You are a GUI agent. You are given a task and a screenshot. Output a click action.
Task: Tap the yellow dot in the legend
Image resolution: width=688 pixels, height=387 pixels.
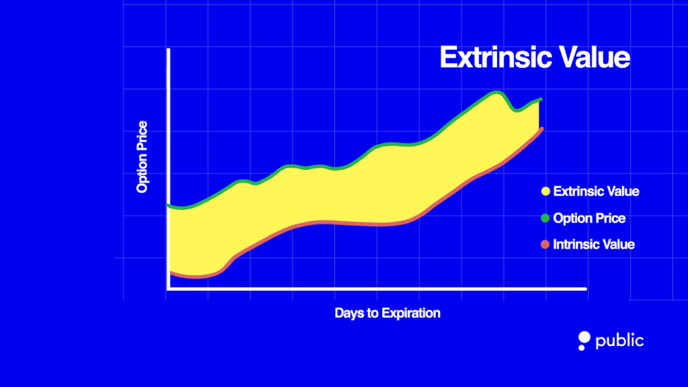coord(545,191)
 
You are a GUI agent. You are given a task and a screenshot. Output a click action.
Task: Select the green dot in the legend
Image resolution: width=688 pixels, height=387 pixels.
coord(545,218)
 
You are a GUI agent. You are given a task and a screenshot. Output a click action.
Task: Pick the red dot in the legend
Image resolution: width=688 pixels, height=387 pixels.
coord(545,245)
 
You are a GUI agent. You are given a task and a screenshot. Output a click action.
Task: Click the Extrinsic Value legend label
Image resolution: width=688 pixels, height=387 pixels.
coord(596,191)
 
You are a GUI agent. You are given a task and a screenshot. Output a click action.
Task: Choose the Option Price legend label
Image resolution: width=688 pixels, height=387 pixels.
coord(589,218)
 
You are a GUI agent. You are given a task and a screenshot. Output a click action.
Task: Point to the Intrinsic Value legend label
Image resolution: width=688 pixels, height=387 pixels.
coord(593,245)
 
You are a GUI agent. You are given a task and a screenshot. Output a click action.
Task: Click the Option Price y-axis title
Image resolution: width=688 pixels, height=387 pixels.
coord(142,157)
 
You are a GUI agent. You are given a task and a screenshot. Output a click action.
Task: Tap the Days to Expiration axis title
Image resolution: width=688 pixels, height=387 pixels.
coord(387,313)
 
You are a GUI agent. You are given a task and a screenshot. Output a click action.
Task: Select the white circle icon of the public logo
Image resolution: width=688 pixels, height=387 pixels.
coord(583,340)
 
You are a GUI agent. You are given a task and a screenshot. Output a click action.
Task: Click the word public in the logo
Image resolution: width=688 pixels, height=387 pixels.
coord(619,341)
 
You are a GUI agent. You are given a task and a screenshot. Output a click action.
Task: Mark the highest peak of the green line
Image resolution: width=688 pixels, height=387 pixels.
coord(497,92)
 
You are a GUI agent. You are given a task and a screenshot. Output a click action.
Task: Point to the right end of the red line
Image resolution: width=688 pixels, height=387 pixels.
coord(541,128)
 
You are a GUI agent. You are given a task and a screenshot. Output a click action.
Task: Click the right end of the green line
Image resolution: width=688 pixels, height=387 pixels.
coord(540,99)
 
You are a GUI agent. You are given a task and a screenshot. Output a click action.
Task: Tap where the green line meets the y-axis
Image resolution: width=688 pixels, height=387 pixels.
coord(169,206)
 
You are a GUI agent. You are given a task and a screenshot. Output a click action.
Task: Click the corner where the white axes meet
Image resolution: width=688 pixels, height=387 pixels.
coord(167,289)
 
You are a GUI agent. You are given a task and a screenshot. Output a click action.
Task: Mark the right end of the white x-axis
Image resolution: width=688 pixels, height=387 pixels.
coord(585,289)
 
